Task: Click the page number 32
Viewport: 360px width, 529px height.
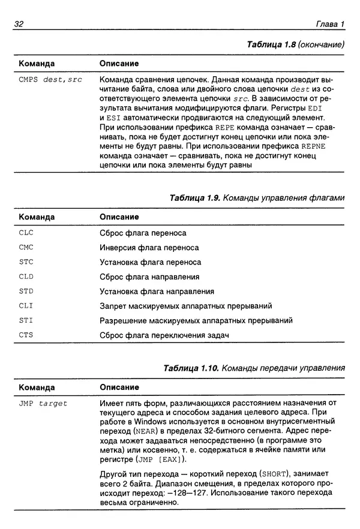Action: pos(17,24)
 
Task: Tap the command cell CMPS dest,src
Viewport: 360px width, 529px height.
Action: pos(50,79)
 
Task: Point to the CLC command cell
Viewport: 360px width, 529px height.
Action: pos(26,233)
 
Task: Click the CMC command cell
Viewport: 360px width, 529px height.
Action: pos(26,247)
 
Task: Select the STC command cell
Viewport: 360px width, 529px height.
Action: pos(26,262)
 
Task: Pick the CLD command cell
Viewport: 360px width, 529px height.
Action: pos(26,276)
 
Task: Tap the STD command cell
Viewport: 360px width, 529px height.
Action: pos(26,291)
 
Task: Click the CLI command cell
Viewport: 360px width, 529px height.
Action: pos(26,306)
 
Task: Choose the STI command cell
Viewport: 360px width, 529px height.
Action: pos(26,321)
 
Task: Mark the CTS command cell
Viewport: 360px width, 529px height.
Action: pos(26,335)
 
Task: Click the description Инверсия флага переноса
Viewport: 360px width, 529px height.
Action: pos(149,247)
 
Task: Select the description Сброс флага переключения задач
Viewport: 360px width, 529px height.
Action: pos(164,335)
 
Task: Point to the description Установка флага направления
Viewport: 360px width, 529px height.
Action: pos(157,291)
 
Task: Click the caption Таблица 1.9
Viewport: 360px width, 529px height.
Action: pos(257,197)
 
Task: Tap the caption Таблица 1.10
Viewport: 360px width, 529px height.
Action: pos(254,368)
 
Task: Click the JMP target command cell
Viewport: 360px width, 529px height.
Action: pos(43,404)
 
